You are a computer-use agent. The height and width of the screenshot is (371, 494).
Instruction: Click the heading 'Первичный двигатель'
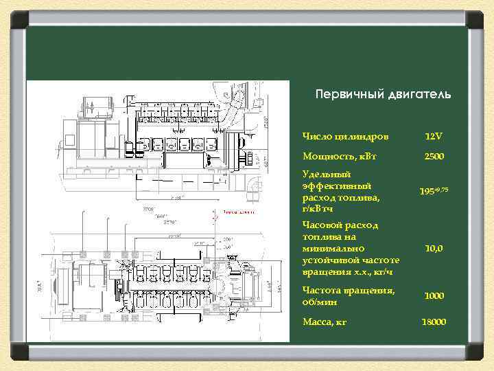[383, 93]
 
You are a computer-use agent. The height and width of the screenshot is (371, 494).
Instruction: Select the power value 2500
[434, 157]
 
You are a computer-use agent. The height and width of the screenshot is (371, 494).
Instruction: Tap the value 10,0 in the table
[434, 248]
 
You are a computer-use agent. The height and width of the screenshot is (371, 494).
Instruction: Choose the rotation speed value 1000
[434, 296]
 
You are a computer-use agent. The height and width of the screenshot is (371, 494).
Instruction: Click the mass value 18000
[434, 322]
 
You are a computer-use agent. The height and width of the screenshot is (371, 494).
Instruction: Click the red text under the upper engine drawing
[237, 212]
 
